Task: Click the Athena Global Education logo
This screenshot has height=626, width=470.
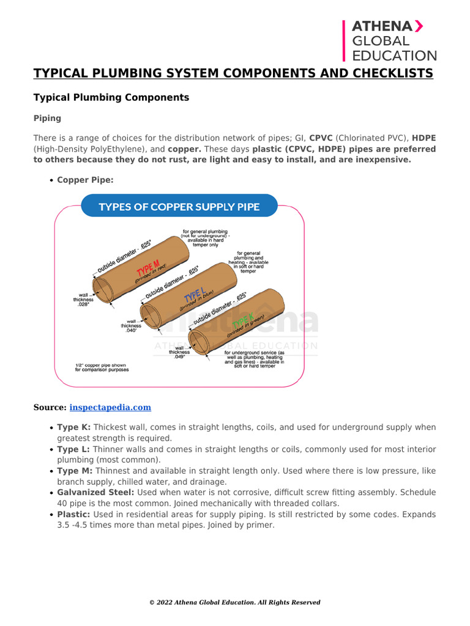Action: (390, 40)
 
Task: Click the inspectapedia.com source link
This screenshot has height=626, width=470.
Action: (110, 407)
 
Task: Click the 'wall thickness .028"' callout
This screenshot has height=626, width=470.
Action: (83, 300)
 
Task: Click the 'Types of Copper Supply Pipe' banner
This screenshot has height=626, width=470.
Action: (179, 207)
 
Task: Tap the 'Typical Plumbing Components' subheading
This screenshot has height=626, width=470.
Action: (111, 97)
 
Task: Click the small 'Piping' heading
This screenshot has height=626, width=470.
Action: (47, 118)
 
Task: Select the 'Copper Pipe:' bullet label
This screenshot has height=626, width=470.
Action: (85, 180)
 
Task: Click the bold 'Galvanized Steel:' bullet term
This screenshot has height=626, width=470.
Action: (95, 492)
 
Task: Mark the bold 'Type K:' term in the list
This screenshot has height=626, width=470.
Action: (73, 427)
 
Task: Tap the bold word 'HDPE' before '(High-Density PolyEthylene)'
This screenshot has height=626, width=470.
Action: (423, 138)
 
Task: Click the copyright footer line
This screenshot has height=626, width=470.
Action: (235, 602)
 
